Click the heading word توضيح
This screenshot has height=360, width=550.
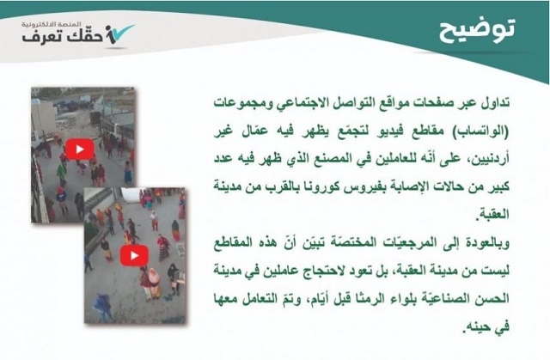coord(477,30)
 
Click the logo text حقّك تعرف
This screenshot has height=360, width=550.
coord(63,35)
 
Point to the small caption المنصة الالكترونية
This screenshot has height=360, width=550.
coord(52,25)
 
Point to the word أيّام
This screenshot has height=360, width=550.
coord(319,299)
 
